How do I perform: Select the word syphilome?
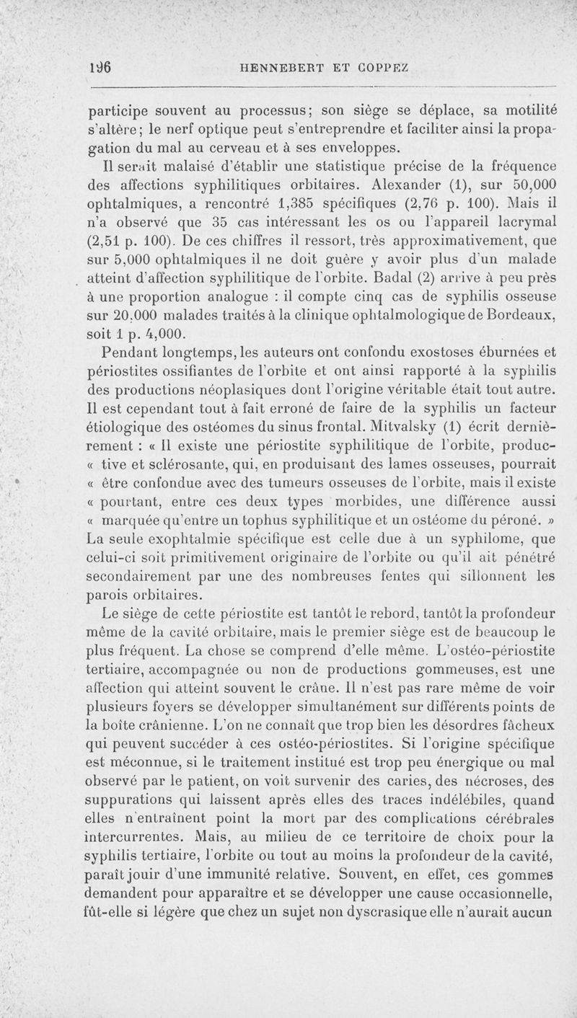click(x=497, y=538)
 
